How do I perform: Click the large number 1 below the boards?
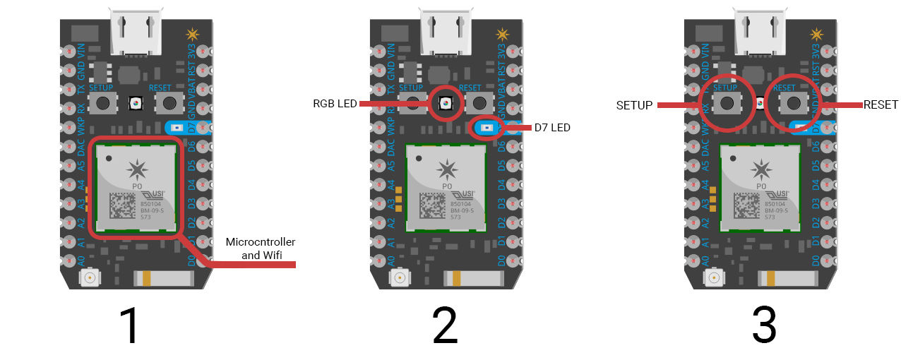coord(129,326)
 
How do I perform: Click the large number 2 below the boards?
coord(445,326)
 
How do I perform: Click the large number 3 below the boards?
coord(763,326)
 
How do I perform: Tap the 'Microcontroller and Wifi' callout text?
coord(260,248)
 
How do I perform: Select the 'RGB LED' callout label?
coord(335,104)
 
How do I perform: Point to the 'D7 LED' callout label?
coord(551,128)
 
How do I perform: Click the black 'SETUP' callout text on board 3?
coord(635,104)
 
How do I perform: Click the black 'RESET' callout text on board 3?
coord(881,104)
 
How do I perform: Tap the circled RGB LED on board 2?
coord(446,104)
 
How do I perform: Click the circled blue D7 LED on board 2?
coord(487,128)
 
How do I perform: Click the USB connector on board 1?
coord(136,32)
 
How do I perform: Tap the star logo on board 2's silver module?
coord(446,169)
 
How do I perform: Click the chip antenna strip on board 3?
coord(791,279)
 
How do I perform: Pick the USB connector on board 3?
coord(761,32)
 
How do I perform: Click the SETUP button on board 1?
coord(104,103)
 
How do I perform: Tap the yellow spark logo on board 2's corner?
coord(502,33)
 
